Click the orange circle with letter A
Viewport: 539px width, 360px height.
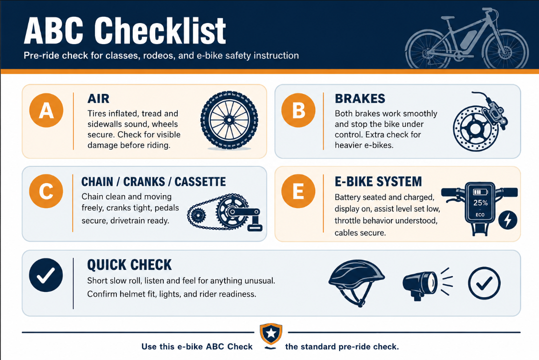click(46, 110)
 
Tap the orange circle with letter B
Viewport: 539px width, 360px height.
click(298, 110)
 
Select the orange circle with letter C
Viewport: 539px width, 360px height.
click(46, 191)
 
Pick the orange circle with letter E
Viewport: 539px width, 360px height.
click(298, 191)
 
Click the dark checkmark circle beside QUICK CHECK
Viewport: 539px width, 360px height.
click(46, 275)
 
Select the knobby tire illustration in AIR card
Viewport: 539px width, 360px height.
click(229, 120)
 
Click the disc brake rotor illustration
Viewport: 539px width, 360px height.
click(476, 128)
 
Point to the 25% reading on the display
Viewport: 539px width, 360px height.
click(480, 203)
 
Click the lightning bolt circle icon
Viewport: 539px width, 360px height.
click(508, 220)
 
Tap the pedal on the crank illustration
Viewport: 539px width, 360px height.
click(255, 227)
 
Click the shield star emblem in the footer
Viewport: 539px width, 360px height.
click(271, 334)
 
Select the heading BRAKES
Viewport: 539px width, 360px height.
click(360, 99)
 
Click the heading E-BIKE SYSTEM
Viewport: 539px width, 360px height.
click(378, 182)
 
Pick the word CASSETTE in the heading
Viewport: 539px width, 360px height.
click(200, 182)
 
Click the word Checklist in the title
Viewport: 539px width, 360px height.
click(160, 31)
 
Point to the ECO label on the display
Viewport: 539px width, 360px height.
click(480, 215)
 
